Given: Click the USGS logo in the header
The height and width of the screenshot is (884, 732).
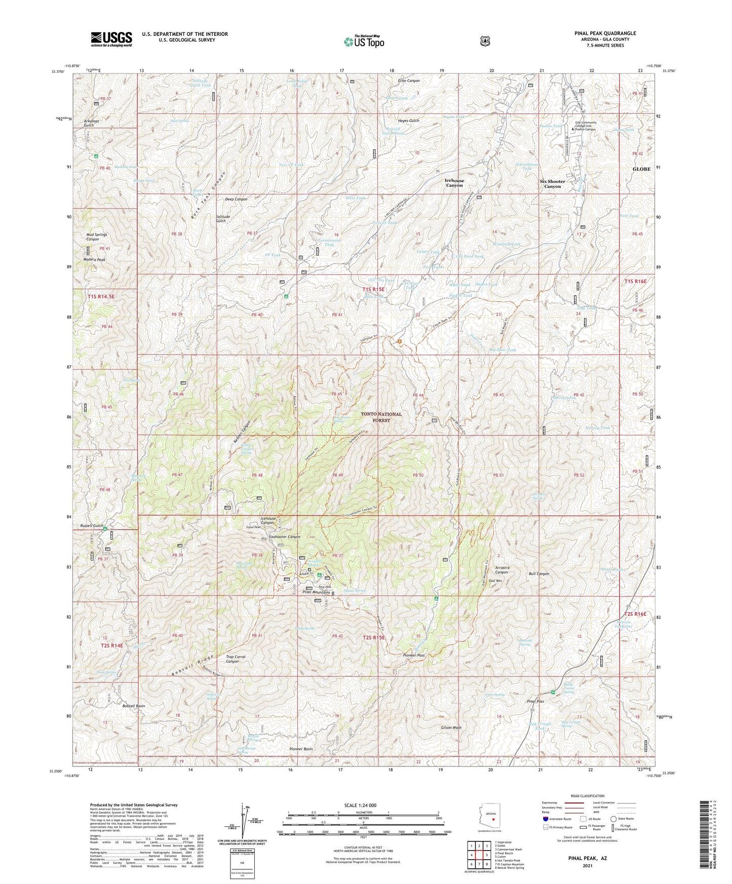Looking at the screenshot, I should [x=111, y=38].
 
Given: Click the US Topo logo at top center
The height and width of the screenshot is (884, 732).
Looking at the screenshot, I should [x=363, y=42].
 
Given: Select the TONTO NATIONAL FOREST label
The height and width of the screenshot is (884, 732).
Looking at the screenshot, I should [x=381, y=417].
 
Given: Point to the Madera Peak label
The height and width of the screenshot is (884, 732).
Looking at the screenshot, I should [x=94, y=260].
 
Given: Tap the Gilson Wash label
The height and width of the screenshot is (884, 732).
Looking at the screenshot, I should [x=450, y=728].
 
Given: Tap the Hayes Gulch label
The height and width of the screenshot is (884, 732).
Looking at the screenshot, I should [x=408, y=121].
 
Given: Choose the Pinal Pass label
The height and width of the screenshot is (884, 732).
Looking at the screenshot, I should [x=535, y=701].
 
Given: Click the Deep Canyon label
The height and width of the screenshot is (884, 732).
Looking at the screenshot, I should [x=236, y=199].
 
